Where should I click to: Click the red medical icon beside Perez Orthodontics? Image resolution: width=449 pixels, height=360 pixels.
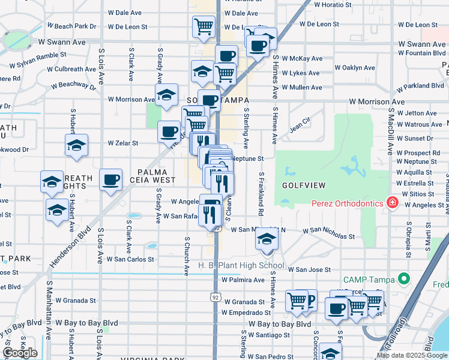[393, 203]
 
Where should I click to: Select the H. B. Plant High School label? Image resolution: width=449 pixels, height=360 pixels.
[242, 266]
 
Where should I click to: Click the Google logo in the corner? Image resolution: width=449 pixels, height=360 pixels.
[20, 353]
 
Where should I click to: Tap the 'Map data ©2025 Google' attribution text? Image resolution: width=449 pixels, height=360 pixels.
[411, 356]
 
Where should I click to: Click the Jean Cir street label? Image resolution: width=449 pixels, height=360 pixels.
[302, 128]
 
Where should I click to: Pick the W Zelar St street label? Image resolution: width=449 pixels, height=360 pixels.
[122, 143]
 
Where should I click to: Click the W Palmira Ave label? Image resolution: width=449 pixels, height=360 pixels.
[243, 280]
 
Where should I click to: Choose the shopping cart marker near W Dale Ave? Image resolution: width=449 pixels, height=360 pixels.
[204, 27]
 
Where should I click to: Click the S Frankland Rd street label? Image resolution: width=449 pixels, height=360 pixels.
[261, 194]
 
